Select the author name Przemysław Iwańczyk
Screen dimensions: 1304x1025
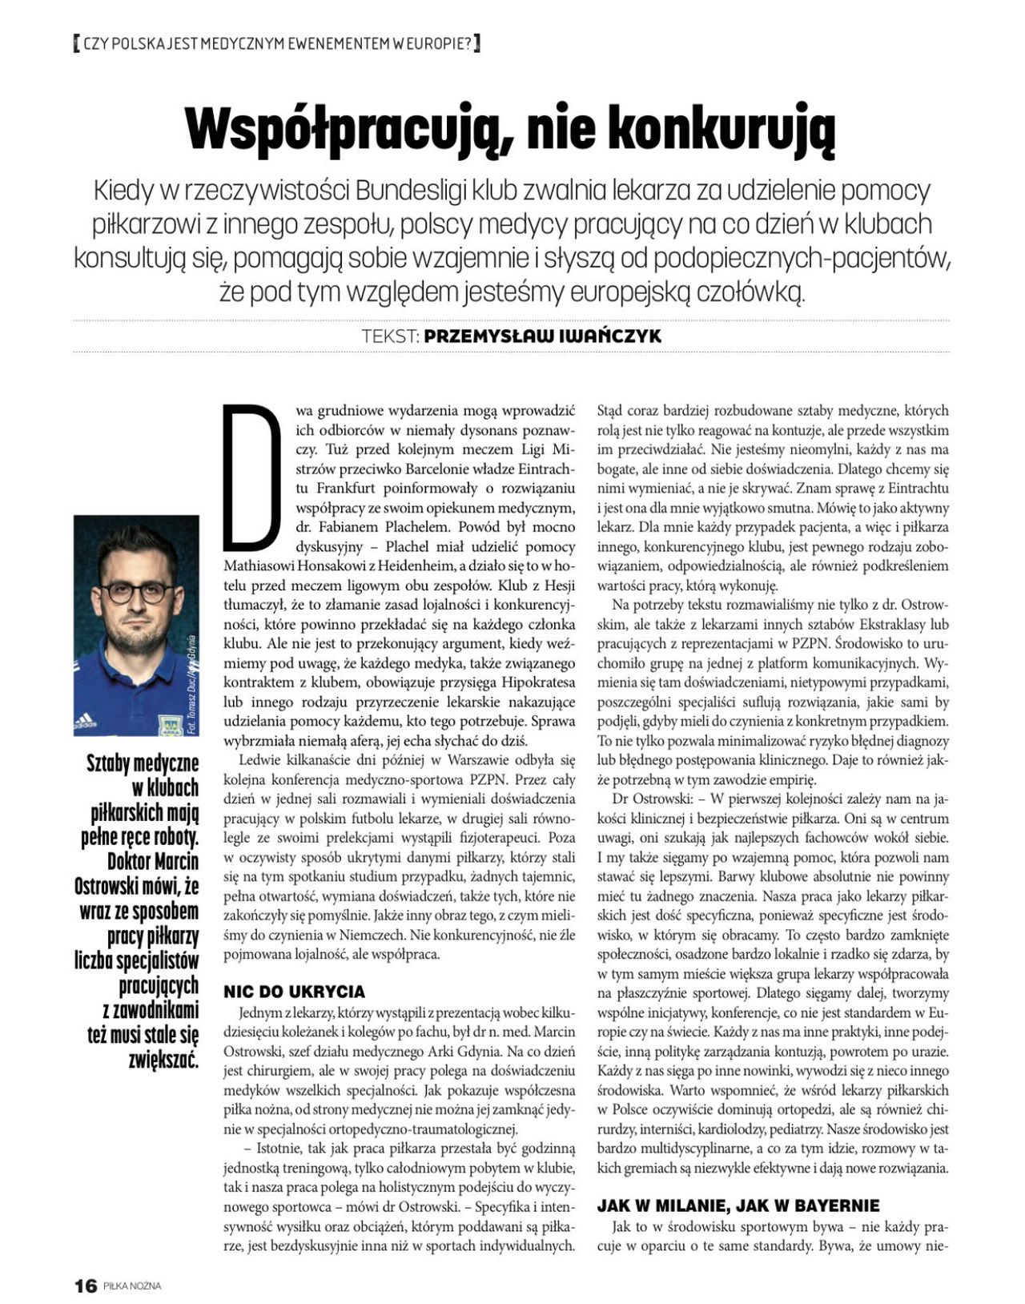click(542, 336)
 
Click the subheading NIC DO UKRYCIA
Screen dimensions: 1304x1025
click(294, 992)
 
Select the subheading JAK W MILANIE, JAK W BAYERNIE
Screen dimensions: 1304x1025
click(738, 1205)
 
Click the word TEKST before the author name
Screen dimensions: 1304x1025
click(390, 336)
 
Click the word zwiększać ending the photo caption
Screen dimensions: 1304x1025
click(163, 1061)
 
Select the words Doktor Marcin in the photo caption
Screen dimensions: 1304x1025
click(153, 863)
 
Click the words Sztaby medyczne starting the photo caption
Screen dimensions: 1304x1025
click(143, 764)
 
